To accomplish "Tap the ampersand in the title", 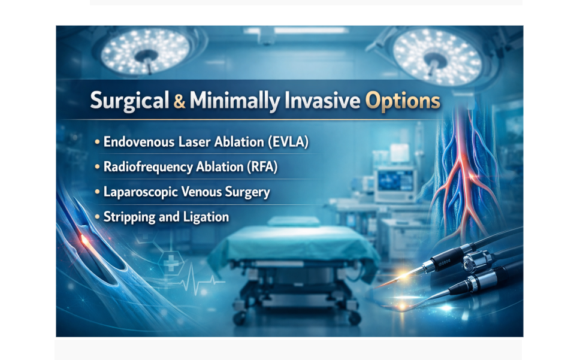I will pos(179,101).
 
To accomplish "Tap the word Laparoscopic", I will pos(140,192).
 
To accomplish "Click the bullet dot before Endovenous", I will pos(97,143).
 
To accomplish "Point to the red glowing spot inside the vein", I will pos(85,241).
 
